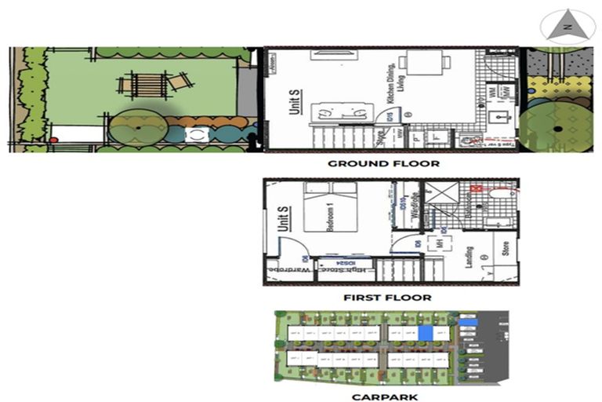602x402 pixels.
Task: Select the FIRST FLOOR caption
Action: pyautogui.click(x=387, y=298)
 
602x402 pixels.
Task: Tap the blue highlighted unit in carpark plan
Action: pyautogui.click(x=425, y=334)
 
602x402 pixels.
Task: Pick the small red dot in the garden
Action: pyautogui.click(x=53, y=140)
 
